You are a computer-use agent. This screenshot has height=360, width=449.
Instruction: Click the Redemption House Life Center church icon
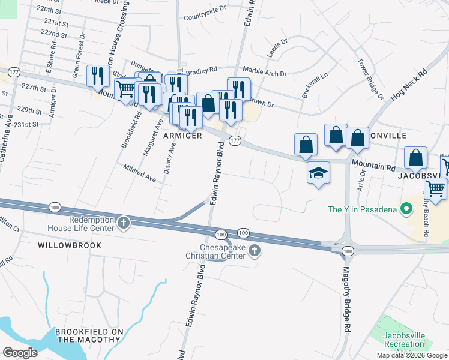124,223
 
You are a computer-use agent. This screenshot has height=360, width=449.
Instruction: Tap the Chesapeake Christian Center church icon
255,250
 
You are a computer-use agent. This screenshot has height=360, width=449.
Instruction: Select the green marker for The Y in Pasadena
406,209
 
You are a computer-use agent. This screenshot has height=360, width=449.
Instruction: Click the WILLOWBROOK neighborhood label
69,245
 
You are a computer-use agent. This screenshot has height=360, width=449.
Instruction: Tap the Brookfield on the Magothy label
89,335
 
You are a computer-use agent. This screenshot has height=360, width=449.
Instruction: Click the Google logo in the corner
20,353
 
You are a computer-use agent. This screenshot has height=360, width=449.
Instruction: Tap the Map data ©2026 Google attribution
412,355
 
